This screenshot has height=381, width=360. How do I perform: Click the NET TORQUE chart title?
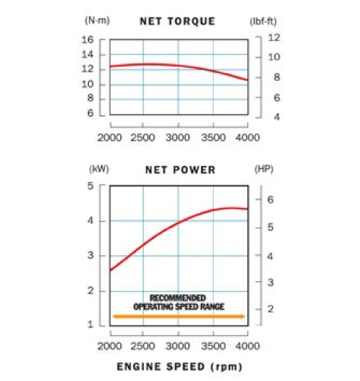[x=177, y=21]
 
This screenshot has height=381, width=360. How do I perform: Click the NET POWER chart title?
[x=180, y=169]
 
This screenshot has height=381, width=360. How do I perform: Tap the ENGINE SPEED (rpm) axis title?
[x=180, y=367]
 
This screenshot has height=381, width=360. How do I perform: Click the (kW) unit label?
[x=100, y=169]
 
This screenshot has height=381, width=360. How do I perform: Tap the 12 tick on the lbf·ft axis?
[x=274, y=37]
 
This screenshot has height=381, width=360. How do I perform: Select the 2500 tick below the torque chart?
[x=144, y=137]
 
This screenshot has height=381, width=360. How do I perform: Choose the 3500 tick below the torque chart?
[x=213, y=137]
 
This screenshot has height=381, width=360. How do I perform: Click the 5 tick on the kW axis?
[x=91, y=186]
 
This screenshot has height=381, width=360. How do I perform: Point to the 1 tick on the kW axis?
[x=91, y=325]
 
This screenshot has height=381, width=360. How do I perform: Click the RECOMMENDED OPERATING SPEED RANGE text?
[x=177, y=302]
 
